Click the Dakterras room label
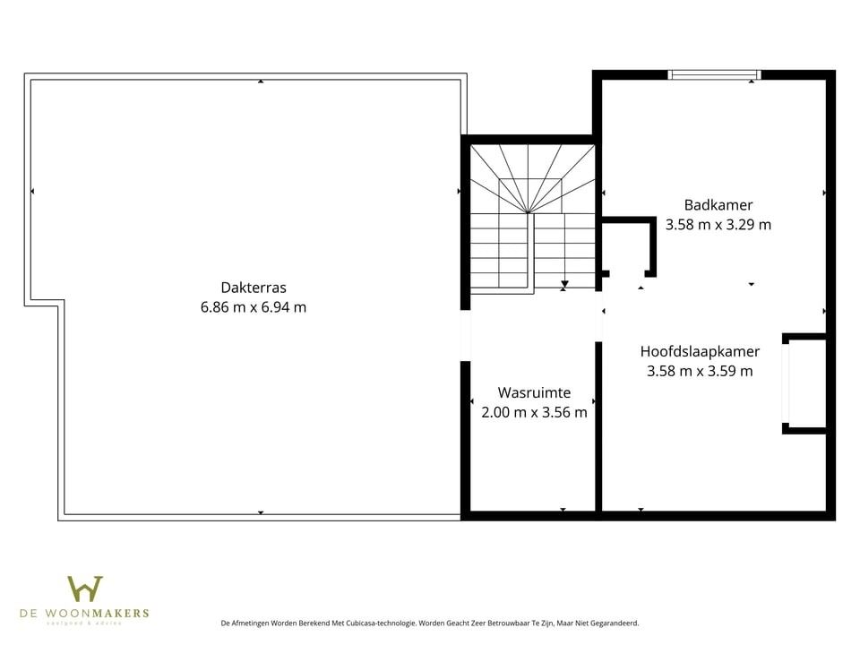[254, 288]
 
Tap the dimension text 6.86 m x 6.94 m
[254, 306]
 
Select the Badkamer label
[718, 205]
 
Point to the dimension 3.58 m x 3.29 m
[718, 225]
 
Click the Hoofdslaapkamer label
[700, 351]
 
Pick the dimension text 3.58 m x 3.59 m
[700, 371]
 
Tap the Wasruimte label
[534, 392]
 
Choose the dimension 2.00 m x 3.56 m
[534, 412]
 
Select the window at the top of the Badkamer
[715, 75]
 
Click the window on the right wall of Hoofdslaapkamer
[787, 383]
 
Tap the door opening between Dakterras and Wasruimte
[465, 335]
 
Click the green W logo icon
[85, 589]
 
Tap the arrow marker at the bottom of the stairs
[563, 286]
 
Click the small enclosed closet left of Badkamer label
[626, 246]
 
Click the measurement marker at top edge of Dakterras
[261, 82]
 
